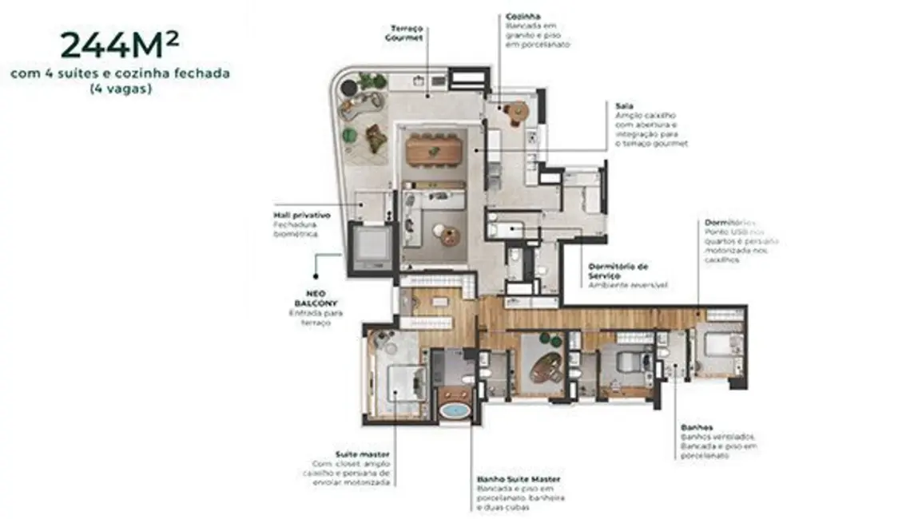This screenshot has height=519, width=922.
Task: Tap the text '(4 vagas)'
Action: click(x=120, y=89)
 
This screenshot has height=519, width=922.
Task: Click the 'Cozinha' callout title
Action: click(x=523, y=16)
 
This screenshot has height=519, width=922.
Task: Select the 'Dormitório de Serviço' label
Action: click(x=618, y=271)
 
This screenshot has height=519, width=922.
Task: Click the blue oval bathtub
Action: click(x=455, y=412)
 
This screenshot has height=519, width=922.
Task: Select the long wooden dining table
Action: click(x=435, y=149)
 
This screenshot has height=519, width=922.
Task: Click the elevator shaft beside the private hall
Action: click(x=371, y=246)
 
